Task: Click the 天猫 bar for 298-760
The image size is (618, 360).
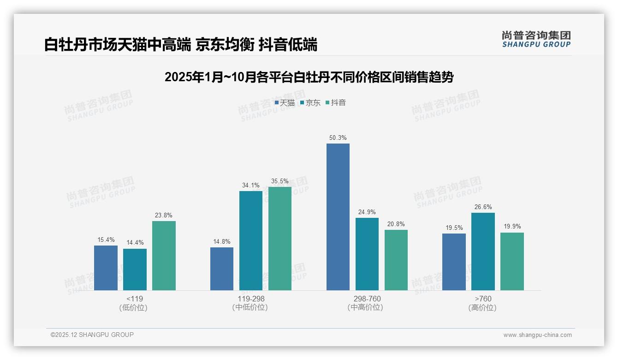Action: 338,217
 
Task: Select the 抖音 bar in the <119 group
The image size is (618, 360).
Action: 164,256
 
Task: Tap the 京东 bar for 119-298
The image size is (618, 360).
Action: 251,240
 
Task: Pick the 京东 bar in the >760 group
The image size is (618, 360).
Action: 483,252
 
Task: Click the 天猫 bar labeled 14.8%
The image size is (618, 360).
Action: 222,269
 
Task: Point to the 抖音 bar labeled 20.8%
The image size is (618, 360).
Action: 396,260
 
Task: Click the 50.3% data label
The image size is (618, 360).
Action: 338,138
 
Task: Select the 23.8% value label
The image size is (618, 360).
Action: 164,215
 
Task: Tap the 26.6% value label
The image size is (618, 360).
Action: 483,207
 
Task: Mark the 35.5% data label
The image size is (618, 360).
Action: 280,181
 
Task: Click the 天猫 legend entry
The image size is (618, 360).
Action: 285,103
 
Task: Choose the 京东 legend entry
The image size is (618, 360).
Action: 310,103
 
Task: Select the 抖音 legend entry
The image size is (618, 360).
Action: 336,103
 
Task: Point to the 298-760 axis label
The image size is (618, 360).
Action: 367,299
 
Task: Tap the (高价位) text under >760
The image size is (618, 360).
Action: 482,307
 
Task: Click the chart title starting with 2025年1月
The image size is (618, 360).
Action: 309,77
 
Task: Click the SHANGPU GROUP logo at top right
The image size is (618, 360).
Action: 536,39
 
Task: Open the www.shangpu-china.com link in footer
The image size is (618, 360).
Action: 537,335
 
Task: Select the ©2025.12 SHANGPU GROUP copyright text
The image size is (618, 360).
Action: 92,335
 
